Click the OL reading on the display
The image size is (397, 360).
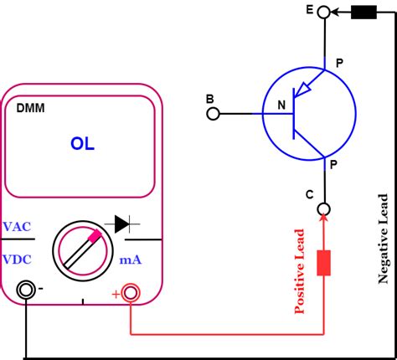tap(82, 144)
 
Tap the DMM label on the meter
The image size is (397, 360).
tap(32, 109)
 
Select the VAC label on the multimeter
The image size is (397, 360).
tap(18, 227)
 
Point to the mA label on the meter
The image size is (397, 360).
tap(130, 260)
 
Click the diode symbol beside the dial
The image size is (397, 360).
tap(126, 224)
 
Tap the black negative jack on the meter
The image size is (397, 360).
tap(27, 291)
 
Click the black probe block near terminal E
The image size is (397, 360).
tap(363, 12)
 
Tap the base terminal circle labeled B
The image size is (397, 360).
tap(214, 112)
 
